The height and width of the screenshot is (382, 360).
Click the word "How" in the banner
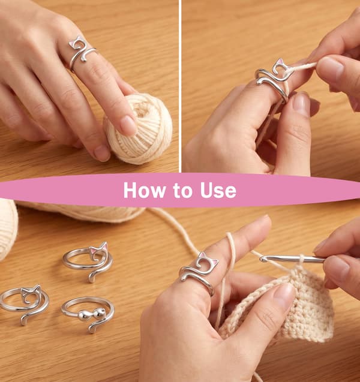point(144,190)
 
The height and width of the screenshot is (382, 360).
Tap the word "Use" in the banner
point(218,190)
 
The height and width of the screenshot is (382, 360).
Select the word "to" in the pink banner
point(183,191)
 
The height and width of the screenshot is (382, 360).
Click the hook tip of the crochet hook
point(262,258)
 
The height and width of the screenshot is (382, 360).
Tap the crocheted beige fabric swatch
point(292,309)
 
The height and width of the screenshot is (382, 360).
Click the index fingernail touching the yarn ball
point(128,125)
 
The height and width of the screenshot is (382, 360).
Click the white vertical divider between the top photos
point(180,86)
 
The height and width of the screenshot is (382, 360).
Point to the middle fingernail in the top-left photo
point(102,153)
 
